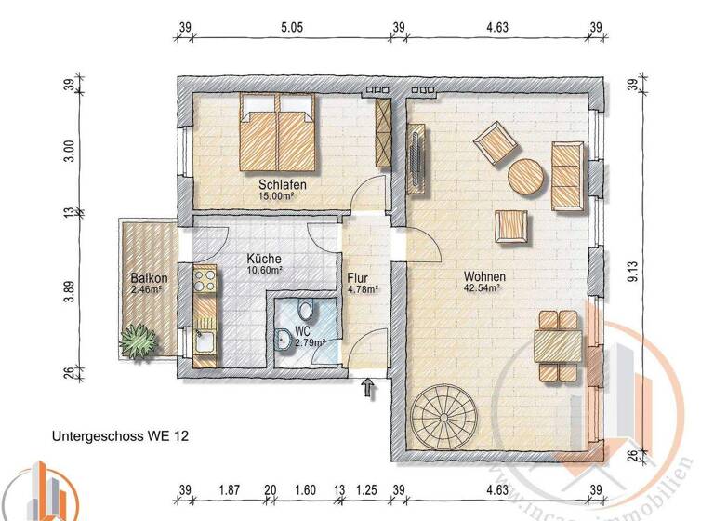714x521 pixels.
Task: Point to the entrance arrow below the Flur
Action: [368, 390]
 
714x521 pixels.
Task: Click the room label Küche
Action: [264, 260]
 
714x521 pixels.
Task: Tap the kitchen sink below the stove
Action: [204, 343]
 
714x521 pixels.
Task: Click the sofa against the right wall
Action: [567, 176]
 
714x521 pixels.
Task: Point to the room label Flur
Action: [358, 277]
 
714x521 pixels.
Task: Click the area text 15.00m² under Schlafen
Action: [284, 196]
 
